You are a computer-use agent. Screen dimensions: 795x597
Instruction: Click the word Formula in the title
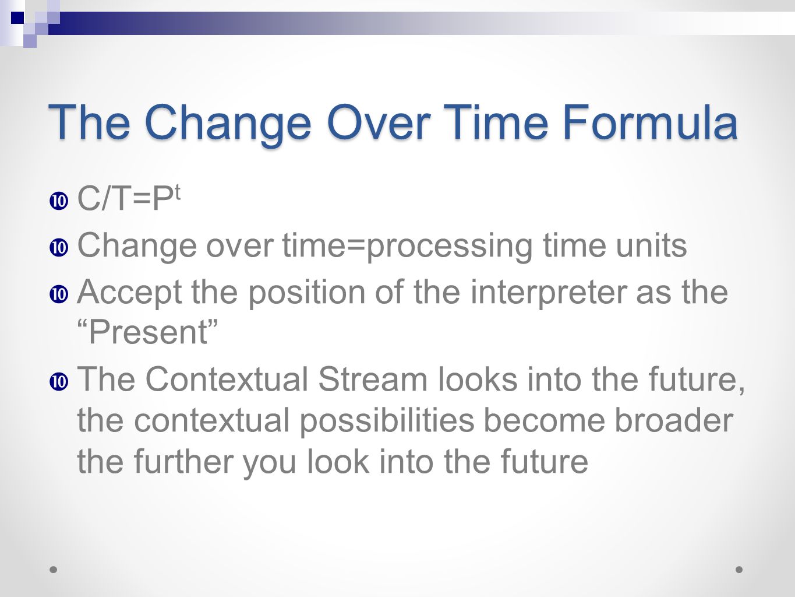650,122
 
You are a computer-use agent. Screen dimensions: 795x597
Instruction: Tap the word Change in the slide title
228,125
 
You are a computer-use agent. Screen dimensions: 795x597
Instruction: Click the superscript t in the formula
176,194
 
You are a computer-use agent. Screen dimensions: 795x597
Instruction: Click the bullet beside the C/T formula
59,201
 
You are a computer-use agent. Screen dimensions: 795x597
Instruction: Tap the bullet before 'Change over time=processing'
59,248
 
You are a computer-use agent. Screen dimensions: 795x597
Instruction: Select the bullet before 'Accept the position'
59,294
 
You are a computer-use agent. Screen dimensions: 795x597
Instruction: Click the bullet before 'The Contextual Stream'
59,382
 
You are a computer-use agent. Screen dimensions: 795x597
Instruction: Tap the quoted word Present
148,332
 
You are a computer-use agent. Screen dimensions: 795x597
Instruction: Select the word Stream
373,379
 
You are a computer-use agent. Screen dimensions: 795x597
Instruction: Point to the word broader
674,420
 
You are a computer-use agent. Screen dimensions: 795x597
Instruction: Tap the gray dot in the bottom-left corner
53,570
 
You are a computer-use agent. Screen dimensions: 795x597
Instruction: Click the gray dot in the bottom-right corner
739,570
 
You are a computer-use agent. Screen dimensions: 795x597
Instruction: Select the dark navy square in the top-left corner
17,17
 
